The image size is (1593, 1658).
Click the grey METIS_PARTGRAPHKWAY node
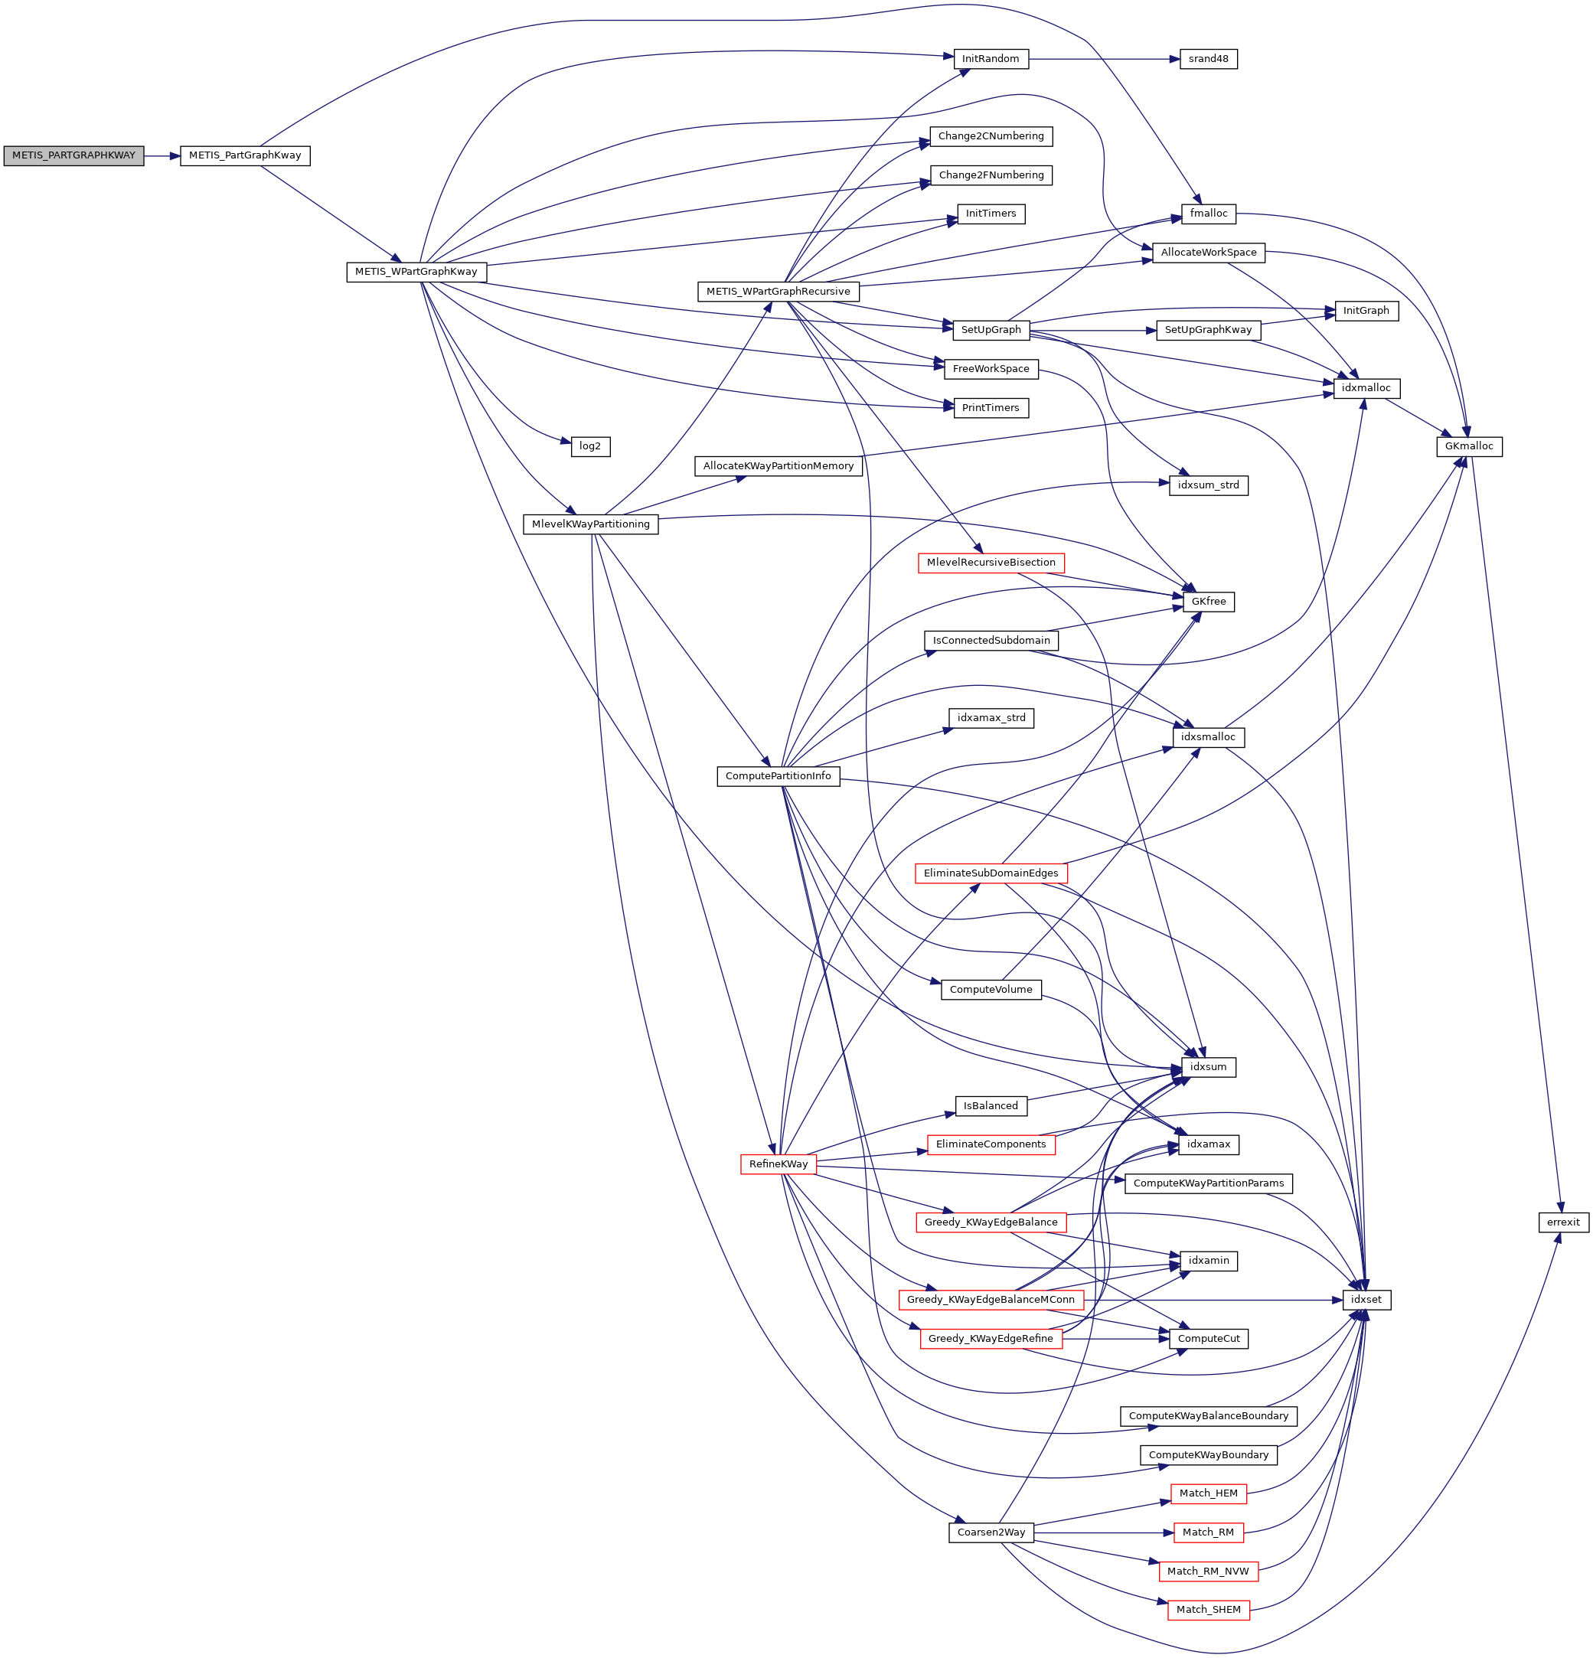pos(73,155)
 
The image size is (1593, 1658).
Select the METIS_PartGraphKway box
pos(244,155)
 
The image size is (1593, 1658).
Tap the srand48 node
pos(1207,59)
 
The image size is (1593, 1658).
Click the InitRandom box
pos(990,59)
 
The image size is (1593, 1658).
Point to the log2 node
pos(589,446)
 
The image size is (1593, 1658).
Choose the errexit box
pos(1562,1222)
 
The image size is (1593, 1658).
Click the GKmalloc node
pos(1469,446)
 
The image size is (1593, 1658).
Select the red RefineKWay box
pos(779,1164)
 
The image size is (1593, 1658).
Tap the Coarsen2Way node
pos(991,1532)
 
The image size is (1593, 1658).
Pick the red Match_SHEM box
pos(1207,1610)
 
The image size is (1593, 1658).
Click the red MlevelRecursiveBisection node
pos(991,563)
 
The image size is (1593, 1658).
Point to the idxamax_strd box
pos(991,718)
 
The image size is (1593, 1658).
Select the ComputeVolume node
pos(991,990)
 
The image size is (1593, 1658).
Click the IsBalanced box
pos(991,1105)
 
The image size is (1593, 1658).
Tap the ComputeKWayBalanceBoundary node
pos(1207,1416)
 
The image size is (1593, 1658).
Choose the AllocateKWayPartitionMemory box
pos(779,466)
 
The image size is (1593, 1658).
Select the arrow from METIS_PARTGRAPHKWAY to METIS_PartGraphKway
pos(162,155)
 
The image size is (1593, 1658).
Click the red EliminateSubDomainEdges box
pos(991,873)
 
